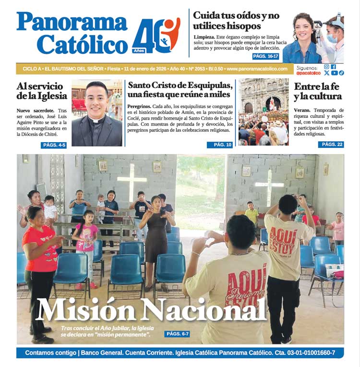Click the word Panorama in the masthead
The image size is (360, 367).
[72, 22]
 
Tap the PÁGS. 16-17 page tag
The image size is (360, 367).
[265, 57]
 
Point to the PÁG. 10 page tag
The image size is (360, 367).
[220, 145]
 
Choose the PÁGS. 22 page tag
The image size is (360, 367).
[331, 145]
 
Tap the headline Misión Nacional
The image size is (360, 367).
[151, 310]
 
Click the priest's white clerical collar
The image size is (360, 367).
[97, 120]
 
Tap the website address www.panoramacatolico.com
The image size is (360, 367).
[257, 69]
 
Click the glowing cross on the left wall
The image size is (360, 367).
[132, 183]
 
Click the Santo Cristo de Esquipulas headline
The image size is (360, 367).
[180, 89]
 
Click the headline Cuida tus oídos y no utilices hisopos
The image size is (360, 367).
[236, 21]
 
